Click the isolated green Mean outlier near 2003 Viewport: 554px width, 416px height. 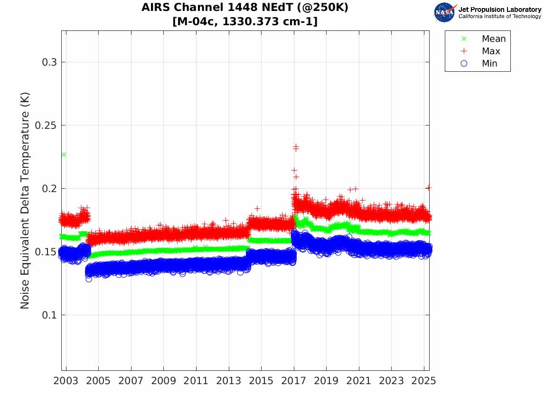click(x=64, y=155)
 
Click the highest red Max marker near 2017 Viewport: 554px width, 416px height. click(x=296, y=147)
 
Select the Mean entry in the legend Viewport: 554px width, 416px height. click(x=493, y=39)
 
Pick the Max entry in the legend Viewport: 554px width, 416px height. click(x=490, y=51)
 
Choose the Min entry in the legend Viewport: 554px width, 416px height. click(x=489, y=63)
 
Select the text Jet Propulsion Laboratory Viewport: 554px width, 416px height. click(x=499, y=9)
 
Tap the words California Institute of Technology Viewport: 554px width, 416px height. click(x=499, y=16)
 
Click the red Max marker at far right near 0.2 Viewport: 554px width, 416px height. click(x=428, y=188)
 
